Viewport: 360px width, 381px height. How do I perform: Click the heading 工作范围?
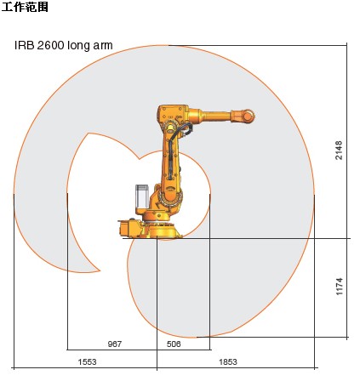(25, 7)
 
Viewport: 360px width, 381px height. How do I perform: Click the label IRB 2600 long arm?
(64, 45)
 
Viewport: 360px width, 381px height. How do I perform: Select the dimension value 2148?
(339, 150)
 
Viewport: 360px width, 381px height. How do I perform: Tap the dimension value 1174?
(340, 287)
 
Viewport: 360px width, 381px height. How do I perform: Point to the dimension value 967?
(115, 344)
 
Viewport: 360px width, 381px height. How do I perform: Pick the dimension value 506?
(174, 344)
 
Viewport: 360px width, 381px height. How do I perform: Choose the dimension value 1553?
(87, 361)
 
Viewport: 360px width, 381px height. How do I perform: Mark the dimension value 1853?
(228, 361)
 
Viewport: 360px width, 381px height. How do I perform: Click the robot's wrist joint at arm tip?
(248, 116)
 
